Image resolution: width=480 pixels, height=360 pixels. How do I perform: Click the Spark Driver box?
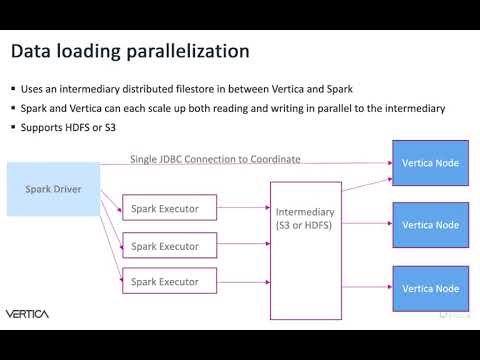(53, 188)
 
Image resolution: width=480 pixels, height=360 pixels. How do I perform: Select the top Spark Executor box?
(164, 209)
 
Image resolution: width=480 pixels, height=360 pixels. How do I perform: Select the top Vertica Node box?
(430, 163)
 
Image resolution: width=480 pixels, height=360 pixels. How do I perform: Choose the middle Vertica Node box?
(430, 225)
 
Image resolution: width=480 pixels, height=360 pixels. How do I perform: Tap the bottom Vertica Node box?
(430, 288)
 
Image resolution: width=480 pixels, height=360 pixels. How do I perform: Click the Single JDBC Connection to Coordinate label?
(215, 159)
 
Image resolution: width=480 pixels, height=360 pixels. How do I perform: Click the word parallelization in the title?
(180, 50)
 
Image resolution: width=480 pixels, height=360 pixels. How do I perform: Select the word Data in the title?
(31, 50)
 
